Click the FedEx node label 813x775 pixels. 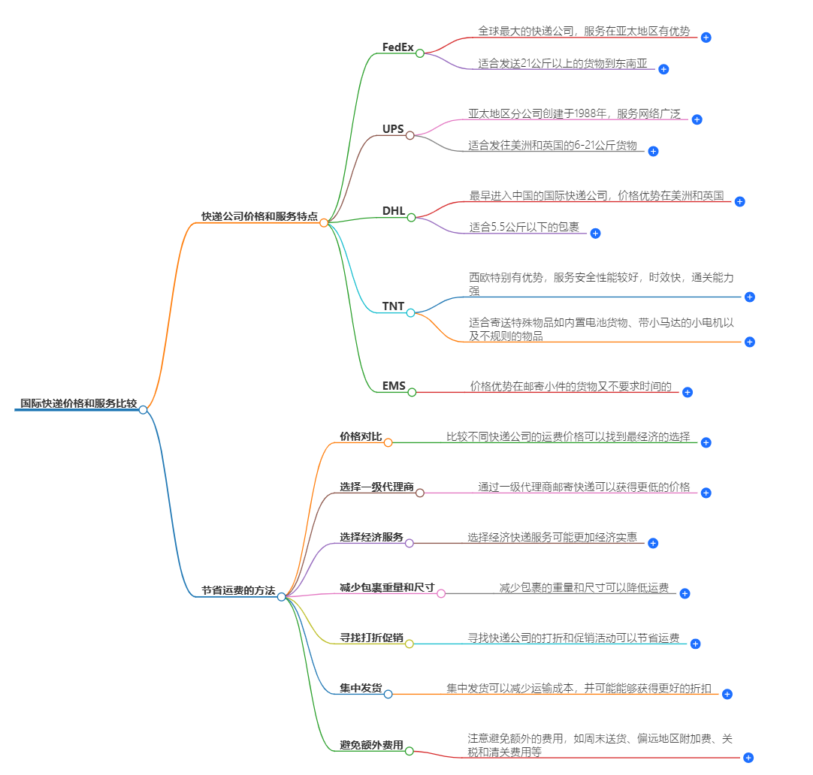397,47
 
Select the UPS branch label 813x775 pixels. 393,129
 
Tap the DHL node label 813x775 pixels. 393,211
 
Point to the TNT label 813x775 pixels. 393,306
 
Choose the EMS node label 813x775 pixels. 394,386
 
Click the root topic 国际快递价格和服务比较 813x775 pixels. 78,403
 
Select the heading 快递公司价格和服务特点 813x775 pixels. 259,216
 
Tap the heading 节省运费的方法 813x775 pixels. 238,591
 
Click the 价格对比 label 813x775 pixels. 361,436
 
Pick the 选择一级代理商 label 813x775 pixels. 376,487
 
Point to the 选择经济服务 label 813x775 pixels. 371,537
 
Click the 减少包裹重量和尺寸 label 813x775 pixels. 387,587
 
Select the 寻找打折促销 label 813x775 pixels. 371,638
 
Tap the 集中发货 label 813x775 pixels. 361,688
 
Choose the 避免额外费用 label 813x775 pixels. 371,745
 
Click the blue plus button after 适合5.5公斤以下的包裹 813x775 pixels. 595,234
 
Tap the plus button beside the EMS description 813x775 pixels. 687,392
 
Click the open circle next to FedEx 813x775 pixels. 420,53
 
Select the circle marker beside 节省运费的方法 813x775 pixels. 281,597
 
